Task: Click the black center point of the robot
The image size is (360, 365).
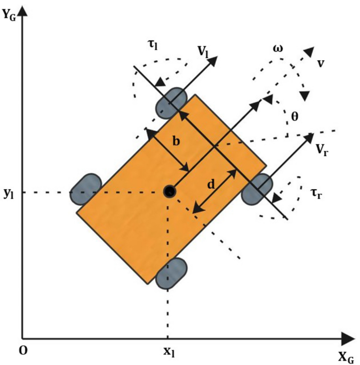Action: pyautogui.click(x=170, y=190)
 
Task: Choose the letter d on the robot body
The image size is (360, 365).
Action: pyautogui.click(x=211, y=184)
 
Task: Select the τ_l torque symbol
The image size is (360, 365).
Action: pyautogui.click(x=153, y=45)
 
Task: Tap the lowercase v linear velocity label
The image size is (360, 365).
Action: pyautogui.click(x=320, y=62)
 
